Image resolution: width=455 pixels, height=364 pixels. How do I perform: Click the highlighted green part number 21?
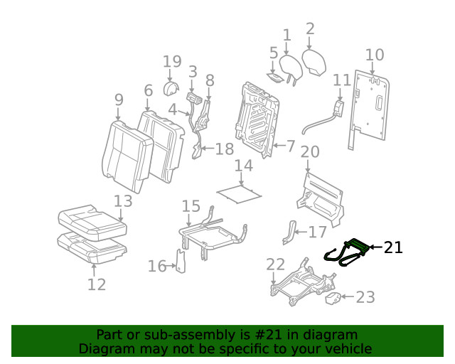pyautogui.click(x=347, y=252)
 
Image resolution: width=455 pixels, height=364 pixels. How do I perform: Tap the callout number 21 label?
pyautogui.click(x=393, y=247)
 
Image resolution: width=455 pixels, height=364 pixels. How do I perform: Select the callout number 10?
pyautogui.click(x=374, y=55)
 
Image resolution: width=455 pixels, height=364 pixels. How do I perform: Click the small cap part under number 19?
pyautogui.click(x=171, y=88)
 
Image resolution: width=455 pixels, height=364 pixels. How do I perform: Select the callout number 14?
pyautogui.click(x=243, y=166)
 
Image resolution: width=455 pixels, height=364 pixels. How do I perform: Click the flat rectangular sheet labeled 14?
pyautogui.click(x=237, y=190)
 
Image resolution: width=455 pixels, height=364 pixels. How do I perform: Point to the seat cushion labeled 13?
pyautogui.click(x=92, y=220)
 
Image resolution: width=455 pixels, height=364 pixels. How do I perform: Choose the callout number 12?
pyautogui.click(x=96, y=284)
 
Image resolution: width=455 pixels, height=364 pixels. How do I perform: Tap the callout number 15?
pyautogui.click(x=191, y=206)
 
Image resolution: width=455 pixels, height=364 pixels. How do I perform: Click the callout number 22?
pyautogui.click(x=275, y=265)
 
